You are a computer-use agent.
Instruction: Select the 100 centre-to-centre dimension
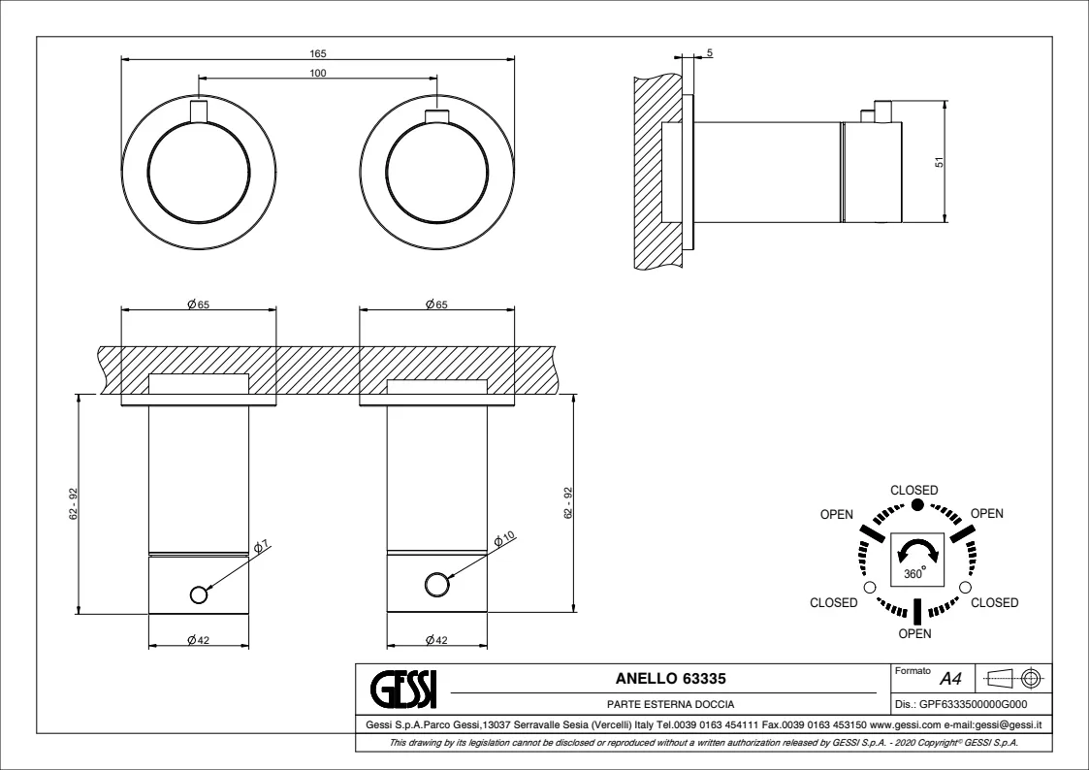point(318,73)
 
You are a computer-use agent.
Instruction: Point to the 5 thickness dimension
point(709,52)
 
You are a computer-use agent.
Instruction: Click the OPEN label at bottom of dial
point(915,634)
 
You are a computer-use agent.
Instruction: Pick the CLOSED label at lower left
point(834,603)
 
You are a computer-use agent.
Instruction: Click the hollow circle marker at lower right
point(964,587)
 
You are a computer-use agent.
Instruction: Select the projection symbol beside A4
point(1011,678)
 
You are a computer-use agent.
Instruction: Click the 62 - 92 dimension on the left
point(74,502)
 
